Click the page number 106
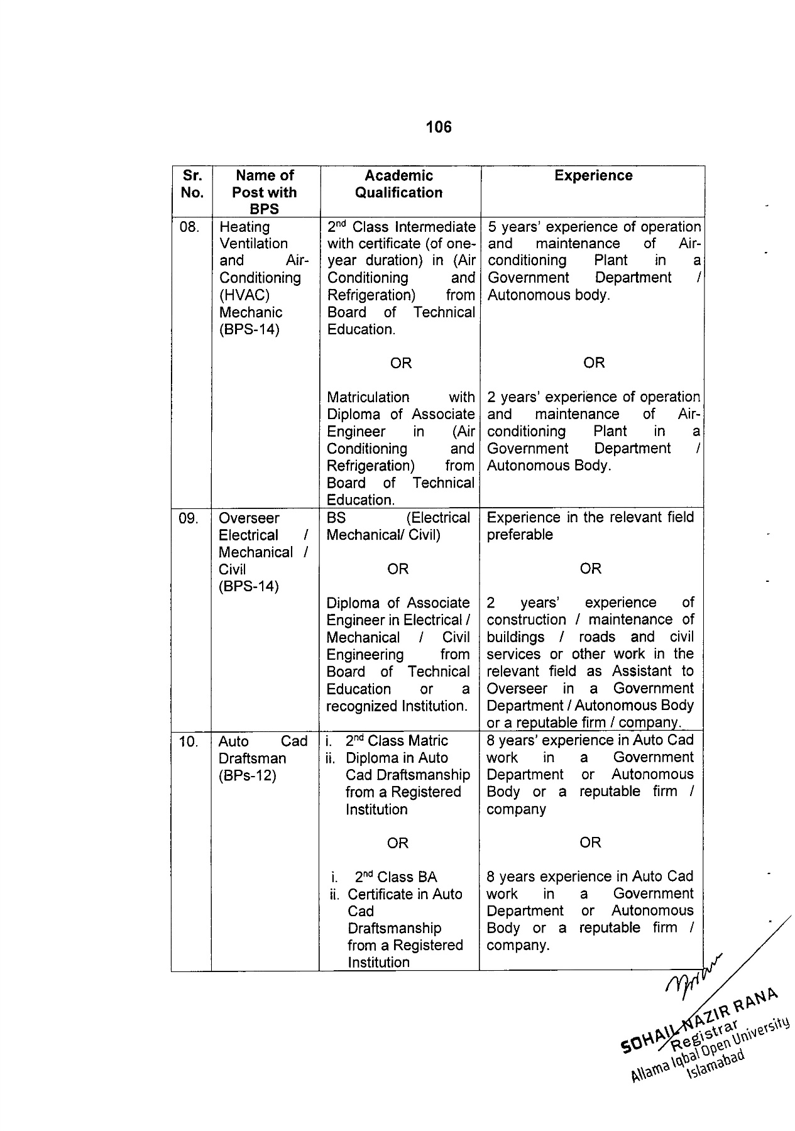(x=438, y=127)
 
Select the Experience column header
(x=593, y=176)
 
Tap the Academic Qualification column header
(x=399, y=184)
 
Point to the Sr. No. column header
(x=192, y=184)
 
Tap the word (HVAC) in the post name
(x=244, y=295)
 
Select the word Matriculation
(x=368, y=398)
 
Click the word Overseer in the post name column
(x=249, y=518)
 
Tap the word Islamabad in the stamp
(x=716, y=1063)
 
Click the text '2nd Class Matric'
(x=397, y=741)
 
